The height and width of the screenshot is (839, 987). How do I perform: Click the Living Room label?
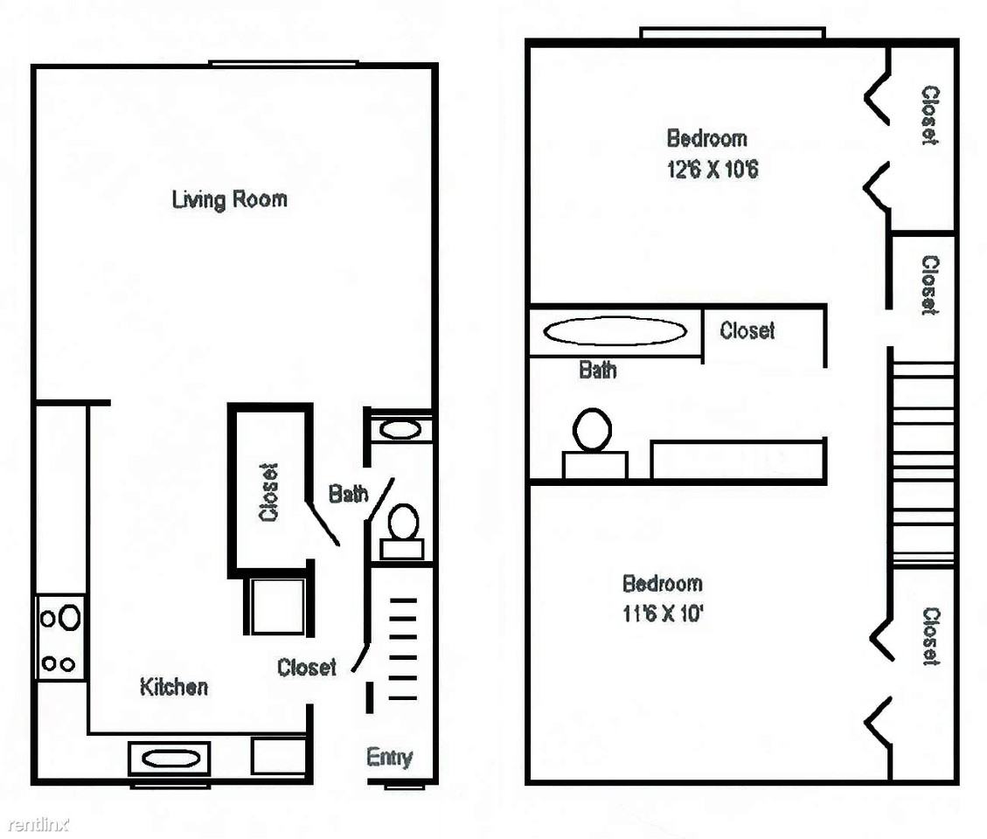230,199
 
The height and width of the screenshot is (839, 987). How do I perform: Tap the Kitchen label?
174,687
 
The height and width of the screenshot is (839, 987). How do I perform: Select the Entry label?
390,757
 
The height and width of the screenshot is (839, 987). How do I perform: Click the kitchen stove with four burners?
60,638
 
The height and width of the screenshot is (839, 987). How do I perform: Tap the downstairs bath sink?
400,429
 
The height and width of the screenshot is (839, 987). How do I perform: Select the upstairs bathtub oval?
615,331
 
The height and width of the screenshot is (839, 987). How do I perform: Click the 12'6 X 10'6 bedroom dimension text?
712,170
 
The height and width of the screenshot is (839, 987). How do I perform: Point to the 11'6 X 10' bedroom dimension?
663,613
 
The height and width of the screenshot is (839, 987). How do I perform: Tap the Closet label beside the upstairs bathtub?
747,330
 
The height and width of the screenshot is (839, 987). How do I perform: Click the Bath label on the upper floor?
597,370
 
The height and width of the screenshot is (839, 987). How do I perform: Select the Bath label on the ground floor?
348,494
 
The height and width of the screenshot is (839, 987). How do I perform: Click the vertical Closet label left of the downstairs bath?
268,493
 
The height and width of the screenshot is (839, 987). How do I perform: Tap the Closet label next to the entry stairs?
307,667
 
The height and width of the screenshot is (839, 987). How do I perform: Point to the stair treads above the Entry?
403,649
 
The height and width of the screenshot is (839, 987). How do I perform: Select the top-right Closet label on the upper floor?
929,116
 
